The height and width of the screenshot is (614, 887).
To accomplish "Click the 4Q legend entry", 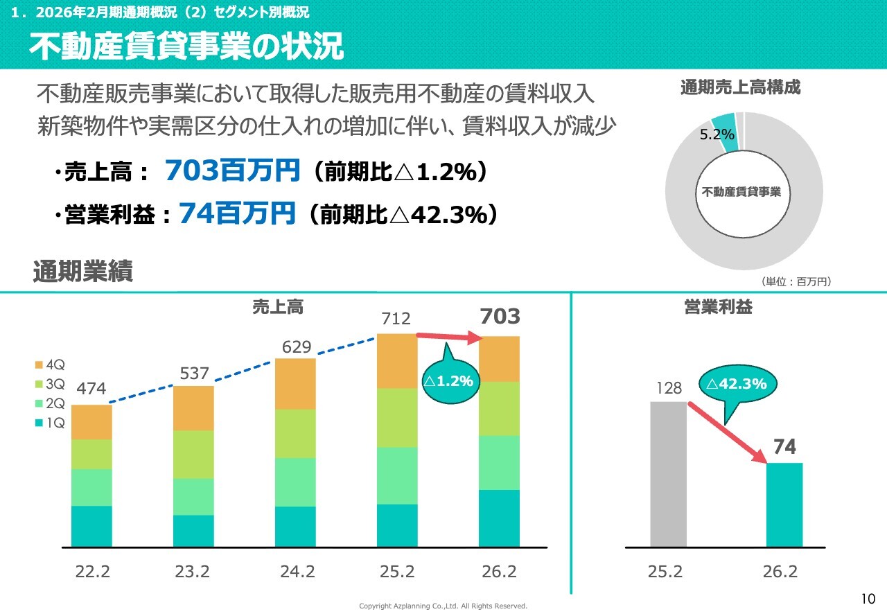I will pyautogui.click(x=49, y=364).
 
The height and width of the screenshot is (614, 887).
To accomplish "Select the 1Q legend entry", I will pyautogui.click(x=49, y=422).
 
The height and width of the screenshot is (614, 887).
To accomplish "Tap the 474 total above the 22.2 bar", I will pyautogui.click(x=91, y=389).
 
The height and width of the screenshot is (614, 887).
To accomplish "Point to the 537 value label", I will pyautogui.click(x=195, y=374).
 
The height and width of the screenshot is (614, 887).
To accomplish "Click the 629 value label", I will pyautogui.click(x=297, y=347).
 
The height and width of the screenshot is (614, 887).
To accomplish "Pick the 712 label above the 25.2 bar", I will pyautogui.click(x=396, y=319).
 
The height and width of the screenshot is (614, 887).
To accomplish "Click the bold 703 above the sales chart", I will pyautogui.click(x=500, y=317).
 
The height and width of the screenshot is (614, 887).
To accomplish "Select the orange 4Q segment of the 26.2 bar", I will pyautogui.click(x=499, y=359).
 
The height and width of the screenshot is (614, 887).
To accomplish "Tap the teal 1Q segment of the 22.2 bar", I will pyautogui.click(x=91, y=526).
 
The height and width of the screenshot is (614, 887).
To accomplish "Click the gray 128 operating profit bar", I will pyautogui.click(x=668, y=474).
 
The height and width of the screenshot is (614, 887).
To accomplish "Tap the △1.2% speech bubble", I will pyautogui.click(x=449, y=380).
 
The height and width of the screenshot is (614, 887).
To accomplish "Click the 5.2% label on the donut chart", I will pyautogui.click(x=717, y=135).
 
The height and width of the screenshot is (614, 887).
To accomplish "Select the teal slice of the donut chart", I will pyautogui.click(x=724, y=123).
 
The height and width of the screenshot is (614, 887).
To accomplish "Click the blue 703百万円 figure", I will pyautogui.click(x=232, y=170).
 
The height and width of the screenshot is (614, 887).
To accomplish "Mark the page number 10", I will pyautogui.click(x=868, y=599).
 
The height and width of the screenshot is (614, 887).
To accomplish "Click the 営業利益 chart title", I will pyautogui.click(x=717, y=308).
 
